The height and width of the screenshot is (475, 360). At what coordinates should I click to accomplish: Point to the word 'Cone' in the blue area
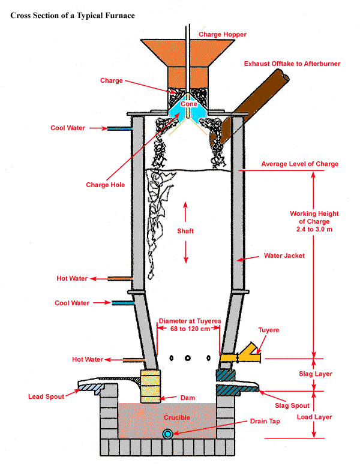pos(188,104)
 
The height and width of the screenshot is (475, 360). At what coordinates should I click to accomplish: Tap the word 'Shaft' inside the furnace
pos(185,230)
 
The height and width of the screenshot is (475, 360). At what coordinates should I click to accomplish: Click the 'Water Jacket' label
pos(284,255)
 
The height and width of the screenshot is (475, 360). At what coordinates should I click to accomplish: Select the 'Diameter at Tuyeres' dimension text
pos(190,325)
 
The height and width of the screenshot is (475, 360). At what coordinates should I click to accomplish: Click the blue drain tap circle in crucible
pos(168,433)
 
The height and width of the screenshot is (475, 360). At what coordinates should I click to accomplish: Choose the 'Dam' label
pos(187,397)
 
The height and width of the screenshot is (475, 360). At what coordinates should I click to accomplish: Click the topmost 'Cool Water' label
pos(68,128)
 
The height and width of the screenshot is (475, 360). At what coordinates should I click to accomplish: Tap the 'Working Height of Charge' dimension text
pos(314,222)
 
